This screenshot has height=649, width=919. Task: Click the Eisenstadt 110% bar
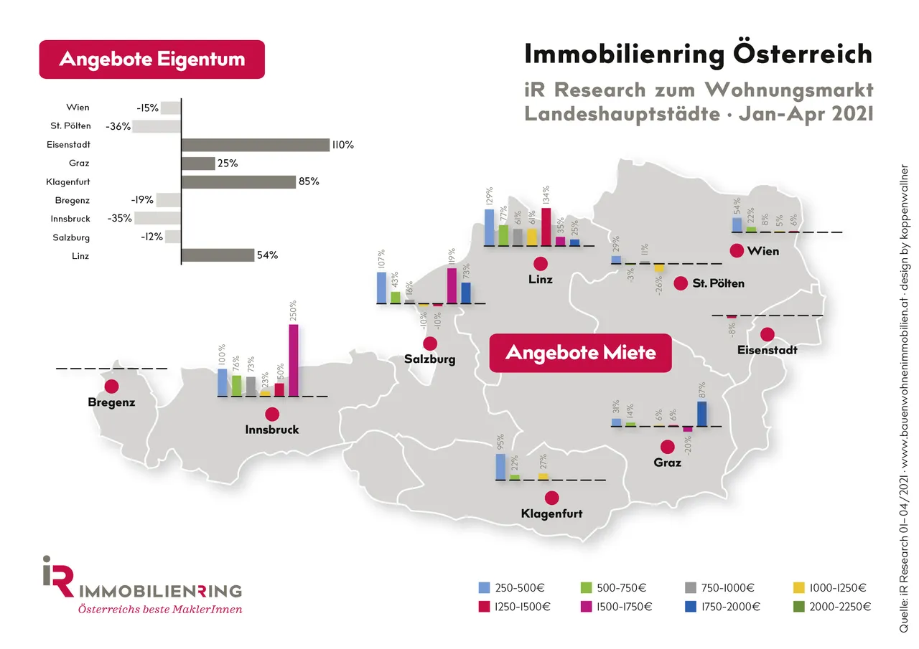click(x=255, y=145)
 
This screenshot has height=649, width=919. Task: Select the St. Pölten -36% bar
click(x=157, y=126)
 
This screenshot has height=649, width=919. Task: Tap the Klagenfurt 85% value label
click(x=308, y=182)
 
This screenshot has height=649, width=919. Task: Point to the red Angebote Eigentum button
click(x=151, y=59)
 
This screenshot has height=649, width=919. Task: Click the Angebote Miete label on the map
click(x=580, y=353)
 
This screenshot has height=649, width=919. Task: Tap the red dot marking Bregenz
click(x=111, y=386)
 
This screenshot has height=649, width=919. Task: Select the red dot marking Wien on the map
click(x=736, y=251)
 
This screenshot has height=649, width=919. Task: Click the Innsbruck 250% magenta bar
click(x=293, y=360)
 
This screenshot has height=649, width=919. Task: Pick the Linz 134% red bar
click(x=546, y=227)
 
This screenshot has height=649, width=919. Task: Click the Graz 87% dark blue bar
click(x=702, y=414)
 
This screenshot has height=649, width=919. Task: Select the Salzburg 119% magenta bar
click(x=452, y=285)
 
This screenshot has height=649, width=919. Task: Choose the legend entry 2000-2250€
click(x=836, y=607)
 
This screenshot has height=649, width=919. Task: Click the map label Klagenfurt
click(x=551, y=513)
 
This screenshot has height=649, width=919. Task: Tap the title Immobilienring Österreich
click(x=698, y=55)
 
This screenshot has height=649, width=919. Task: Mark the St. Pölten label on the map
click(x=719, y=283)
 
